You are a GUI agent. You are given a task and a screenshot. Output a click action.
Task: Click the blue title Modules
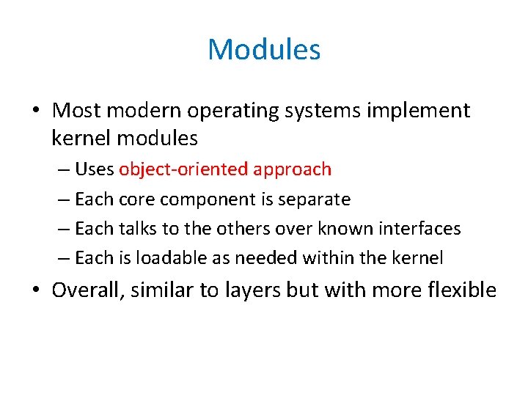(x=264, y=50)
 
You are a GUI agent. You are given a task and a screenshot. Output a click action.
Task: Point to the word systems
(x=332, y=111)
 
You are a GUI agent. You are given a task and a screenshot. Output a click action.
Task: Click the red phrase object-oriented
(x=184, y=169)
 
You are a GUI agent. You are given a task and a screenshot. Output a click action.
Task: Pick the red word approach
(x=292, y=170)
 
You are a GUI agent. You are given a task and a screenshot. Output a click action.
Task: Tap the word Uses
(x=95, y=169)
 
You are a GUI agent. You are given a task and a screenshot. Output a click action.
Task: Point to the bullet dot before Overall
(x=37, y=290)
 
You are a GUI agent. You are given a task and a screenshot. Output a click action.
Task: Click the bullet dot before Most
(x=37, y=111)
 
